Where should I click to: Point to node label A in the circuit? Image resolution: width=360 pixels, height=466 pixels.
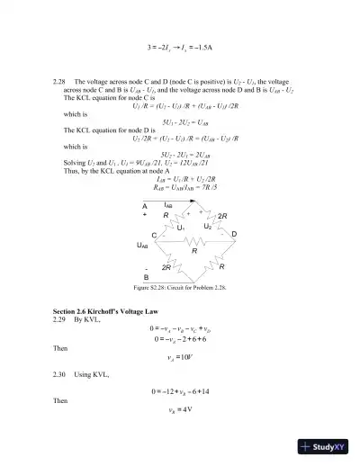pos(144,206)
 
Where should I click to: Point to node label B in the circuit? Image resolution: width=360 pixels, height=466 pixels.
pos(146,276)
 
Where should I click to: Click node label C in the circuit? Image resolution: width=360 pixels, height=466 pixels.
pos(154,234)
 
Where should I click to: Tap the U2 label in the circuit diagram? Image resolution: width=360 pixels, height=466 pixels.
pos(207,227)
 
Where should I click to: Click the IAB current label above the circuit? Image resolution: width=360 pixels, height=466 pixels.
pos(168,206)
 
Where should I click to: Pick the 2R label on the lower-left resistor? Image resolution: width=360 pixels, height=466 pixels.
pos(166,267)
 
